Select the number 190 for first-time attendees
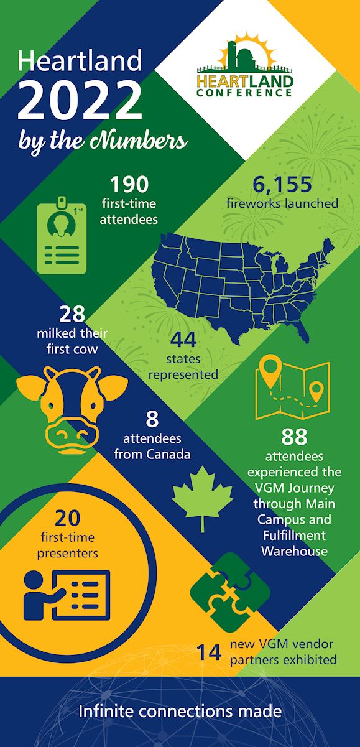[x=129, y=185]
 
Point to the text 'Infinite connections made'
[x=180, y=711]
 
